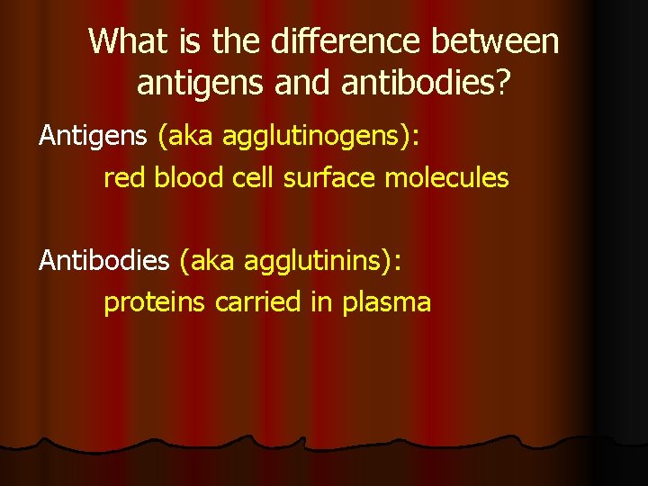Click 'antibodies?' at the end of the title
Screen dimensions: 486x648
click(424, 83)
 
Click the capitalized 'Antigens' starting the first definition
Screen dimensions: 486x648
click(93, 137)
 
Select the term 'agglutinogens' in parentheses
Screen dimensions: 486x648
click(317, 138)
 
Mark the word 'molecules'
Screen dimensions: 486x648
click(446, 178)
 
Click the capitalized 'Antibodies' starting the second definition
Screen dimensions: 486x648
click(103, 261)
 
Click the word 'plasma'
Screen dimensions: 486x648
click(386, 303)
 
